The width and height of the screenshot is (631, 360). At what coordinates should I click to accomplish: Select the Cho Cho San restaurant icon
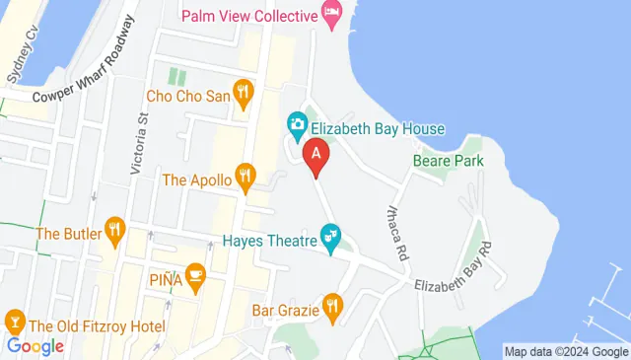click(x=244, y=96)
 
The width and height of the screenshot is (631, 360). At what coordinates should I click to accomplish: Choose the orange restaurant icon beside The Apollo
click(x=245, y=180)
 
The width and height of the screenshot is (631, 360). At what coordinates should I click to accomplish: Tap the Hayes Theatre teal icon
click(x=333, y=239)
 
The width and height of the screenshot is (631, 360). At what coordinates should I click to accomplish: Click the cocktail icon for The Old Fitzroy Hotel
click(x=15, y=324)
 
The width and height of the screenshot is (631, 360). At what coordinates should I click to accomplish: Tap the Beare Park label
click(x=449, y=160)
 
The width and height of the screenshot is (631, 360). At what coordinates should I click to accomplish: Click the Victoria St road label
click(x=140, y=144)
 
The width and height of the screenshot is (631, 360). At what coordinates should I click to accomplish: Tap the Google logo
click(x=35, y=345)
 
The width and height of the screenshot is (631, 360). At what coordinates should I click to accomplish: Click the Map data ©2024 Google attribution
click(x=565, y=351)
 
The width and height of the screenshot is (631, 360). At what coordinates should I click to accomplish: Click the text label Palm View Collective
click(x=250, y=15)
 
